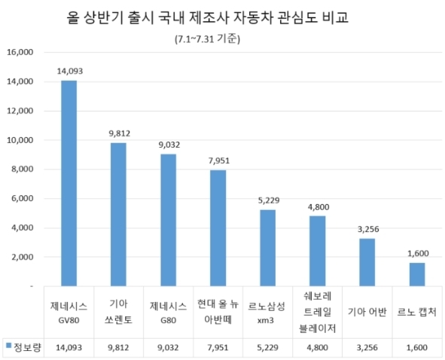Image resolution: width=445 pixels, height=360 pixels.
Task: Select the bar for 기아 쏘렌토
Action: click(x=119, y=215)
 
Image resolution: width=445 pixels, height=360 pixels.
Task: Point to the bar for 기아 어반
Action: click(x=367, y=262)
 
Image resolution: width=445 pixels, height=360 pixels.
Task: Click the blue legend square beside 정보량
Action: click(x=8, y=346)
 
